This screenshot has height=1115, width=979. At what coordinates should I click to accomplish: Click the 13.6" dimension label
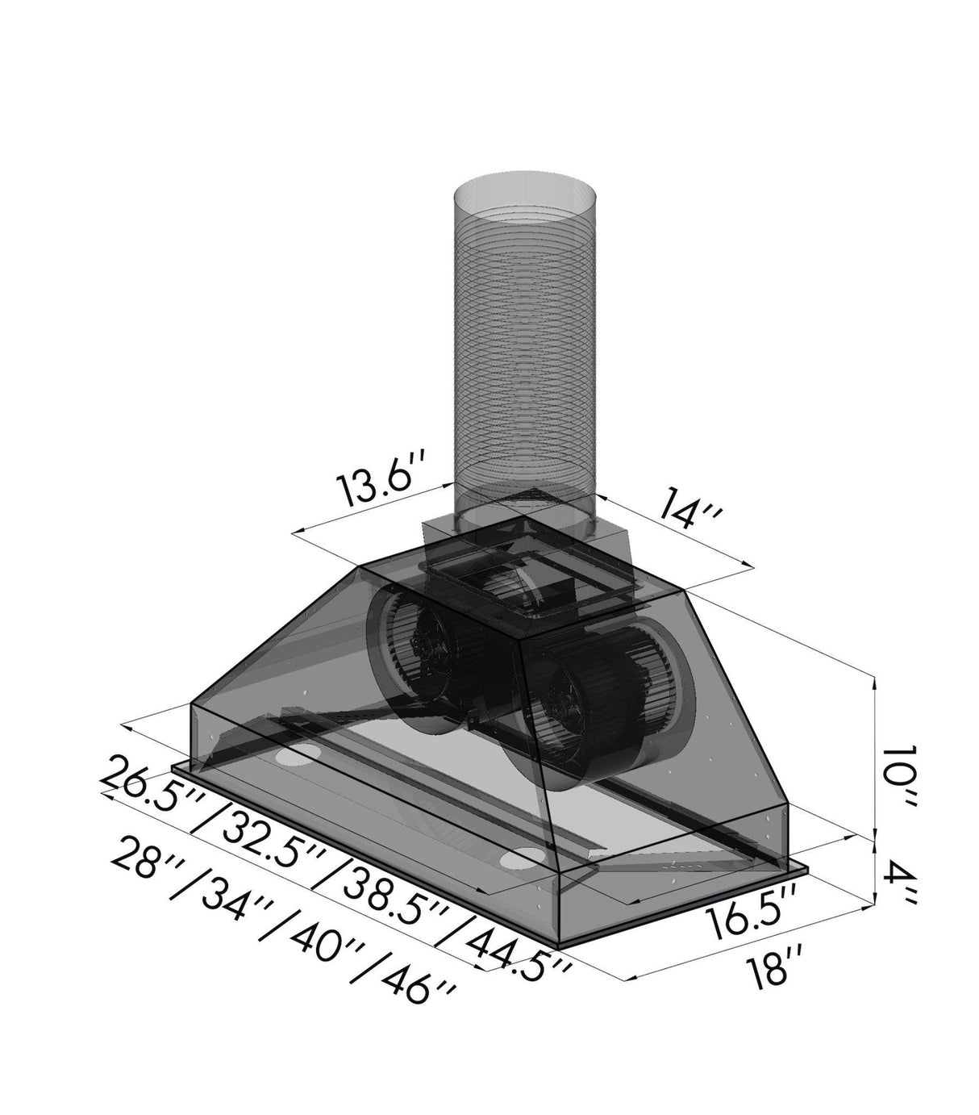(377, 483)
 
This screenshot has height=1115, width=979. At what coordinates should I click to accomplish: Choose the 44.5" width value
(516, 945)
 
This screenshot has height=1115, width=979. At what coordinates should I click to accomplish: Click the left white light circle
(294, 758)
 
